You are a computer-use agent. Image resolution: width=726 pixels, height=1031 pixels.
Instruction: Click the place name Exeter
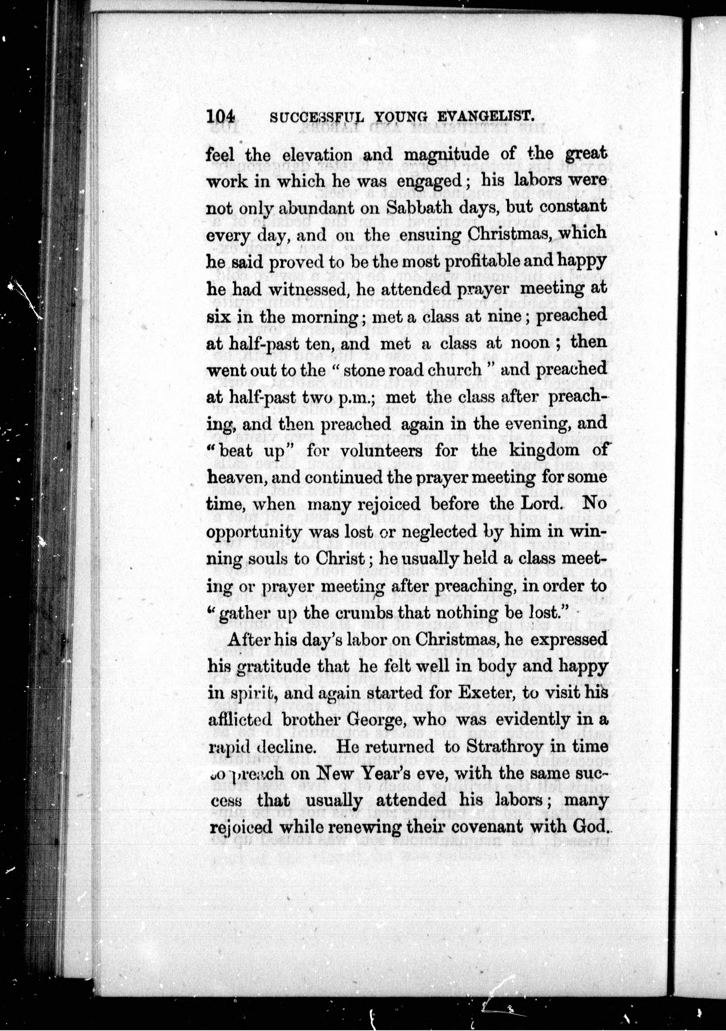(x=486, y=693)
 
